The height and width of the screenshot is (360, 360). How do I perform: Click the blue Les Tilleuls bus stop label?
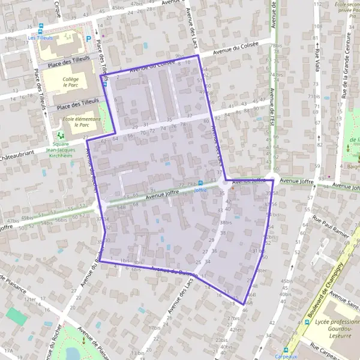[41, 37]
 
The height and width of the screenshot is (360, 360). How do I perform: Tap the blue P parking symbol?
[89, 38]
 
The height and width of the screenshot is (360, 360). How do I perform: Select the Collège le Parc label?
[71, 82]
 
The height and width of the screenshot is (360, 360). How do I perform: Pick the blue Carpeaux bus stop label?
[286, 356]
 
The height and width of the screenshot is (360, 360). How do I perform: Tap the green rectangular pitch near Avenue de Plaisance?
[17, 316]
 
